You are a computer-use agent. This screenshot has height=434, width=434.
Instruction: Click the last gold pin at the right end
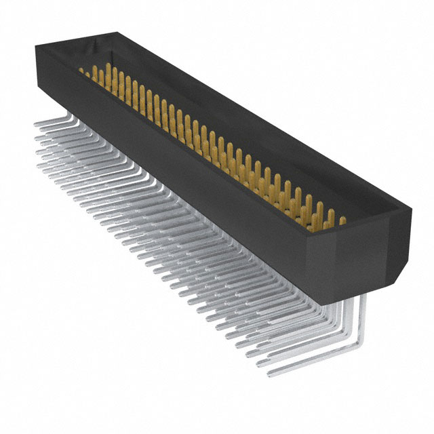click(341, 220)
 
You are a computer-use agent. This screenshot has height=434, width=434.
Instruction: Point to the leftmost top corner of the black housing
click(36, 44)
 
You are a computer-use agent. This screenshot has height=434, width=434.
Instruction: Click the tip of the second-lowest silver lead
click(262, 363)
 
